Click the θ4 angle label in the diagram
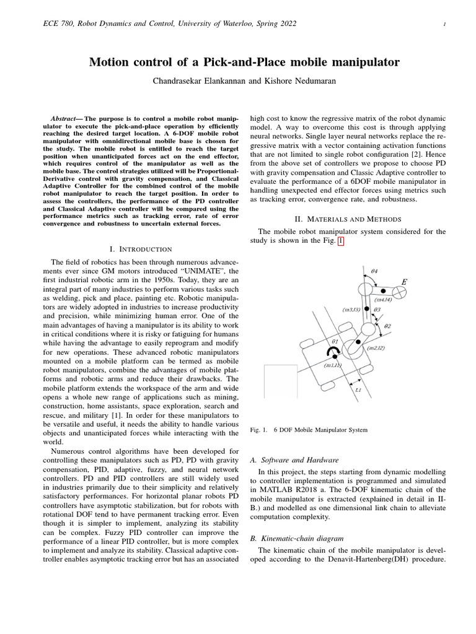click(x=374, y=271)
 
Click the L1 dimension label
click(x=358, y=390)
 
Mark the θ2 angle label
click(x=387, y=325)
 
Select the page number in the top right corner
click(x=445, y=24)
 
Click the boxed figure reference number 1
click(x=339, y=241)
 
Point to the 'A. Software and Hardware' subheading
click(x=293, y=461)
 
